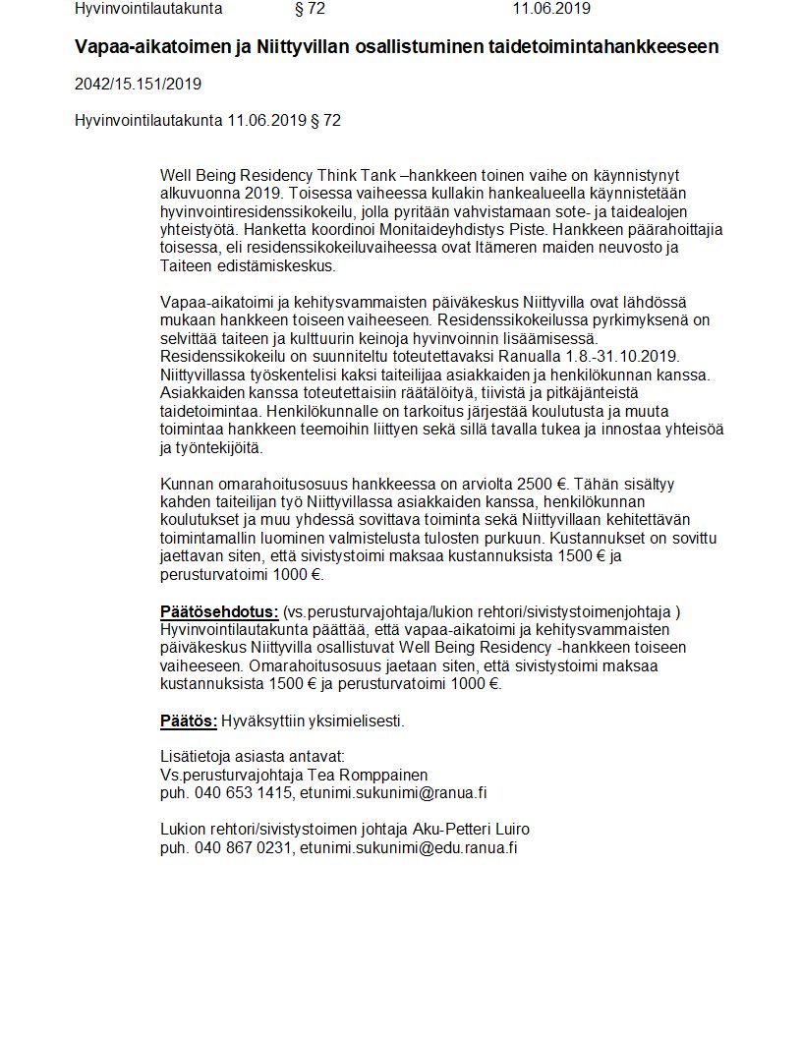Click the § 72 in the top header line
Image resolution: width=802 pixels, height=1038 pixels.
click(x=310, y=9)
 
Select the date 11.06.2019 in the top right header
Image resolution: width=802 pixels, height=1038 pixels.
click(x=551, y=9)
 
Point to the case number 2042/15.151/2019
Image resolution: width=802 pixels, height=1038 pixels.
click(x=138, y=84)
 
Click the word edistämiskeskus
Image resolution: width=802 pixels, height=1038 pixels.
click(x=277, y=265)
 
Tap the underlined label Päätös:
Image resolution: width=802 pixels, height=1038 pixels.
click(x=189, y=721)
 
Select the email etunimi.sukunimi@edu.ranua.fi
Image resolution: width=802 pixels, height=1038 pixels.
click(x=408, y=847)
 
